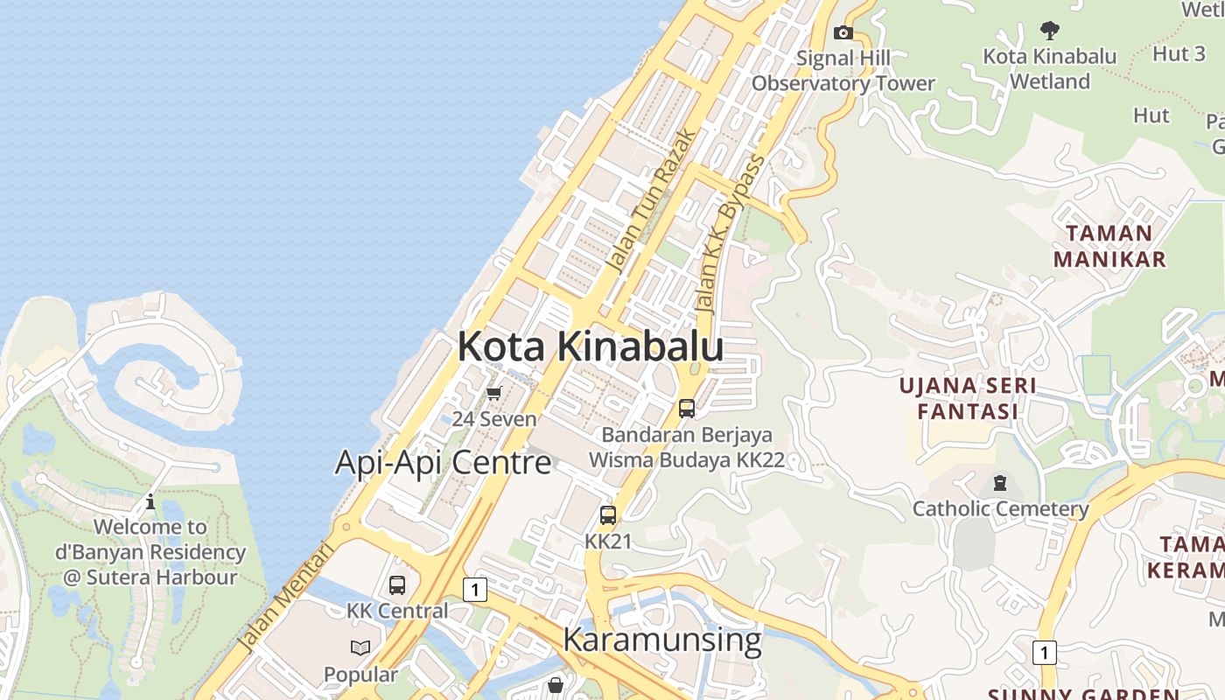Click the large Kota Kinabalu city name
590,346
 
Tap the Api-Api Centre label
443,462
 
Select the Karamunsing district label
661,640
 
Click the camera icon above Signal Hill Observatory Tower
843,33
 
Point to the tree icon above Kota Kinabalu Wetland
1050,31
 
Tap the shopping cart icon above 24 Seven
494,394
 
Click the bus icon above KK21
608,515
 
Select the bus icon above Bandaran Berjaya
687,408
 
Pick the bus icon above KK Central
397,584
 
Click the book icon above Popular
360,648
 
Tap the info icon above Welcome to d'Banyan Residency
150,501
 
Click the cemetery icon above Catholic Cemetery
1000,483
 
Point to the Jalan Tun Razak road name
651,201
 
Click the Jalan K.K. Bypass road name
730,234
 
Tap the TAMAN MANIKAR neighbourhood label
1109,246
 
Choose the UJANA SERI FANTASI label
969,398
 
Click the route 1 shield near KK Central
474,590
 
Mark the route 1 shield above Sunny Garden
1043,652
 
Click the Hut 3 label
1179,53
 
